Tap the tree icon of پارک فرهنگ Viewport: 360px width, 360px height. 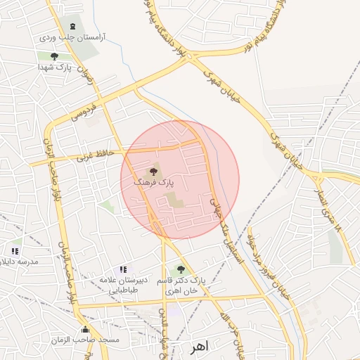[154, 171]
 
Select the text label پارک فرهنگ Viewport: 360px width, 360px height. [153, 182]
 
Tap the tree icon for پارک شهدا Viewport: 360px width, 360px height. [54, 56]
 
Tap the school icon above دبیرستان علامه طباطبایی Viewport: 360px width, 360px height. [123, 269]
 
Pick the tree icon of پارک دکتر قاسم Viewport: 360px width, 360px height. [181, 269]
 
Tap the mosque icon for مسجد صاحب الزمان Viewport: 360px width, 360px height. [85, 329]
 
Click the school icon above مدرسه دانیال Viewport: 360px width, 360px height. [15, 250]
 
